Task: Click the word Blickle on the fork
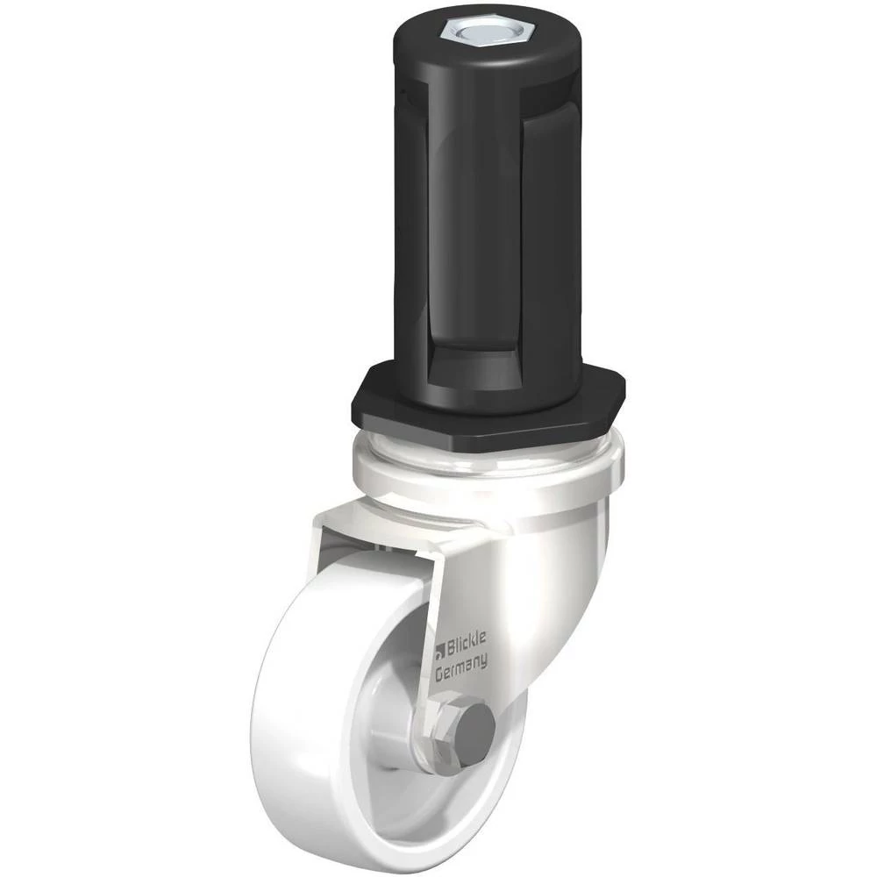click(467, 641)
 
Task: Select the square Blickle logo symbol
click(440, 649)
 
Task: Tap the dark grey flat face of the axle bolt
click(476, 726)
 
